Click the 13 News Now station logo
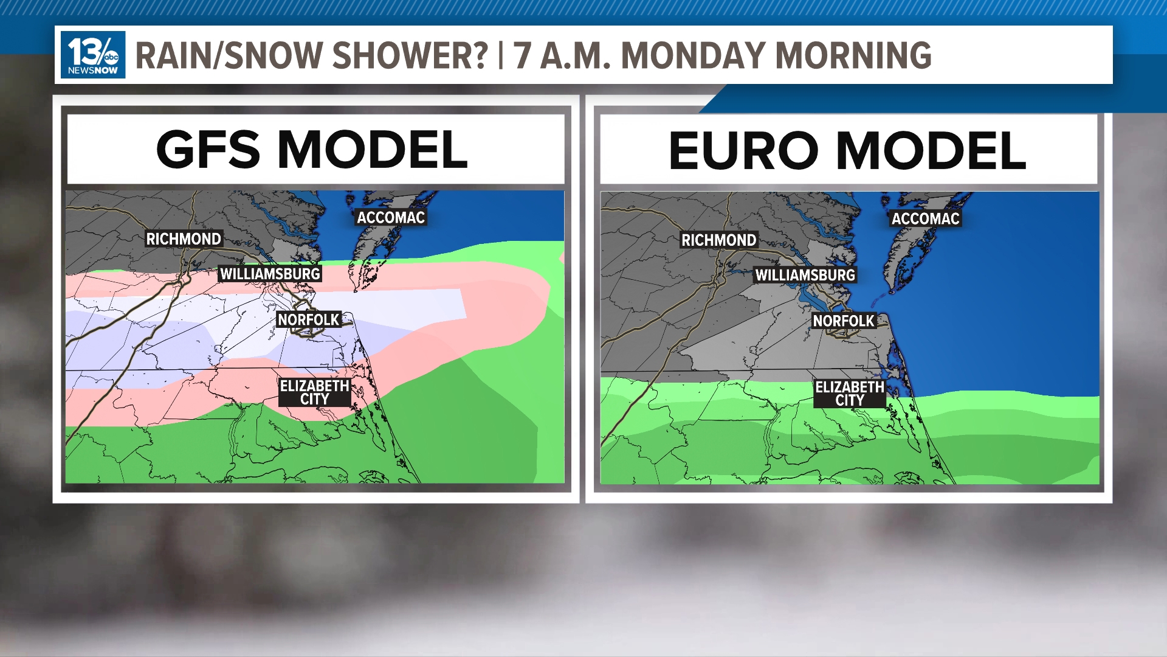pyautogui.click(x=93, y=55)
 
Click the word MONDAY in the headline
pyautogui.click(x=692, y=55)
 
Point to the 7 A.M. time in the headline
pyautogui.click(x=562, y=55)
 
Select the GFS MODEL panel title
pyautogui.click(x=312, y=150)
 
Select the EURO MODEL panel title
pyautogui.click(x=847, y=151)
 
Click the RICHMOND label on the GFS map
pyautogui.click(x=184, y=239)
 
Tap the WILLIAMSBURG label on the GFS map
pyautogui.click(x=270, y=274)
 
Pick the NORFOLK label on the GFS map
pyautogui.click(x=308, y=320)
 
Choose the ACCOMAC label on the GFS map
pyautogui.click(x=391, y=218)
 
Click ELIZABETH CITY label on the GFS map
pyautogui.click(x=314, y=392)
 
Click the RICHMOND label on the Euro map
pyautogui.click(x=718, y=240)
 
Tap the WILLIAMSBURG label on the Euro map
pyautogui.click(x=805, y=276)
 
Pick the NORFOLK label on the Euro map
pyautogui.click(x=844, y=321)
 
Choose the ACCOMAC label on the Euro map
pyautogui.click(x=925, y=219)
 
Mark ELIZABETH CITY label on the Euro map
pyautogui.click(x=849, y=394)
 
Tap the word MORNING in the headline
pyautogui.click(x=853, y=55)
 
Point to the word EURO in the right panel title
pyautogui.click(x=743, y=151)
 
